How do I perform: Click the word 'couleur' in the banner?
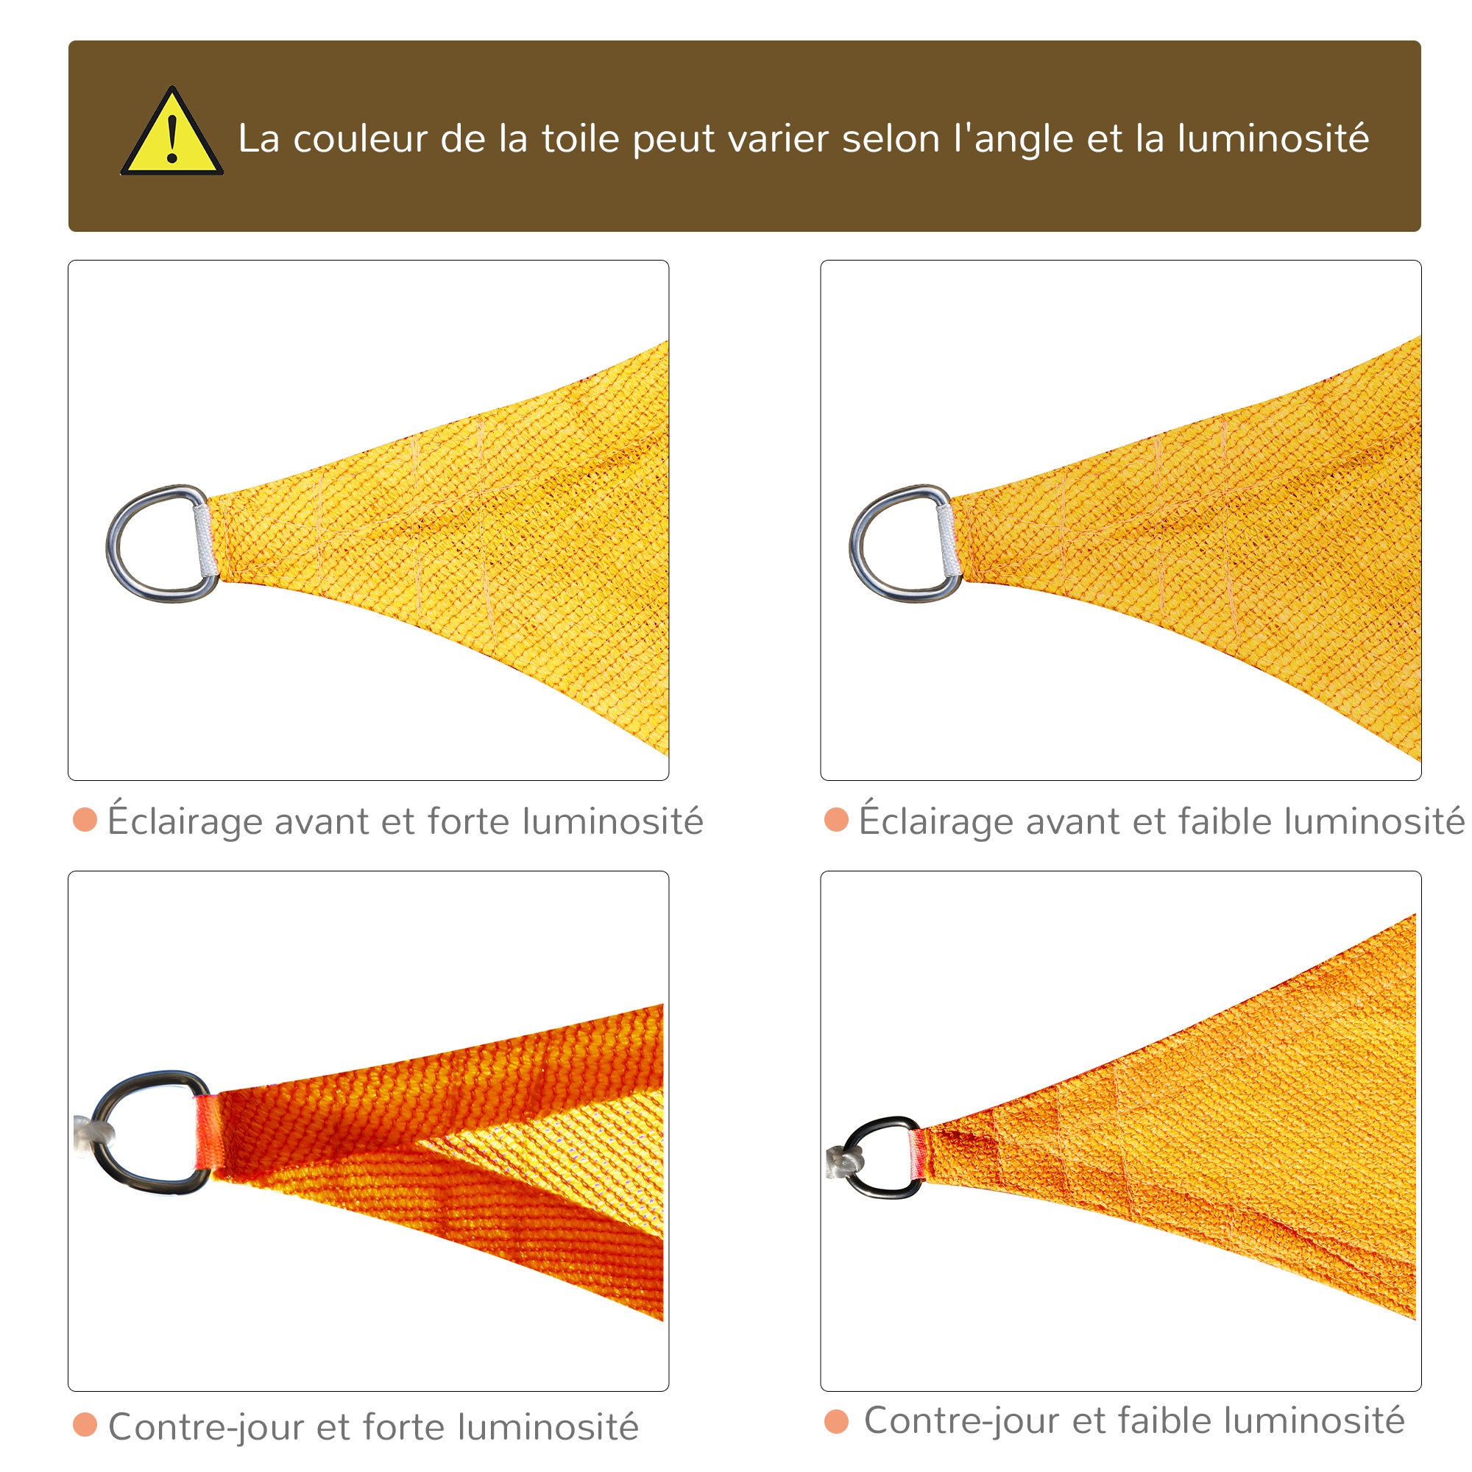[361, 139]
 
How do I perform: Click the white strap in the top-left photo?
[204, 541]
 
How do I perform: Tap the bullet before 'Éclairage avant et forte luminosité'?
[85, 821]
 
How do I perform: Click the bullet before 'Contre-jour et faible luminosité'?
[837, 1421]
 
